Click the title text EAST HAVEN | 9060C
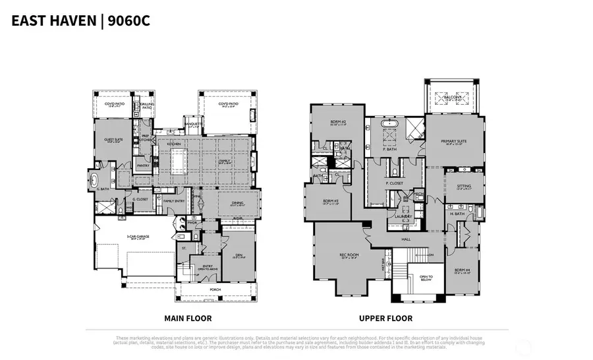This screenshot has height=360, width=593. click(x=80, y=20)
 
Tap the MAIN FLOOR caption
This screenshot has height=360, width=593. click(x=188, y=318)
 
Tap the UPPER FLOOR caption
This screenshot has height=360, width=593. click(x=386, y=318)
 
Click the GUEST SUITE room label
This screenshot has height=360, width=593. click(x=113, y=140)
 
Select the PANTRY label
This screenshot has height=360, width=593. click(x=142, y=165)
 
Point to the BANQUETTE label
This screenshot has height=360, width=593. click(x=193, y=122)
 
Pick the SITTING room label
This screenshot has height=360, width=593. click(x=464, y=187)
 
